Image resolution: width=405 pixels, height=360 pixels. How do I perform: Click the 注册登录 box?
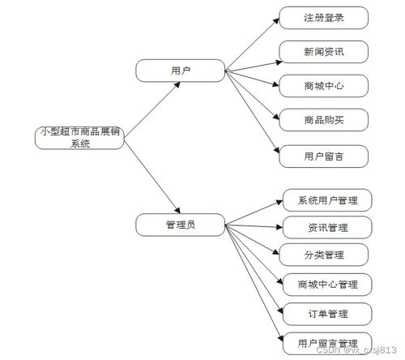(x=324, y=17)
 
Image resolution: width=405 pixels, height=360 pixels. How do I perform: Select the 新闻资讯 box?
(x=324, y=52)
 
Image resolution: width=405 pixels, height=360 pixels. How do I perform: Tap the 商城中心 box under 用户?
(x=324, y=85)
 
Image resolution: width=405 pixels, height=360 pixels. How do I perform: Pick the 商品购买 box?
(x=324, y=120)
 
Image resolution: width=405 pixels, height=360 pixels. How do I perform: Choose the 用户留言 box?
(x=324, y=155)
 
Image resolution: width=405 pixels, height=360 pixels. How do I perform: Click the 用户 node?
(x=179, y=71)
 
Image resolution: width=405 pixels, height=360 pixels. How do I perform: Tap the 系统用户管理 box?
(x=327, y=199)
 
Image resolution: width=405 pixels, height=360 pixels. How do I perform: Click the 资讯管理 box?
(x=327, y=227)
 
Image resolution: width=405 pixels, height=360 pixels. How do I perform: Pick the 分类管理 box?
(x=327, y=255)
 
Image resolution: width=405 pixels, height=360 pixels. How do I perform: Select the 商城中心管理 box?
(x=327, y=285)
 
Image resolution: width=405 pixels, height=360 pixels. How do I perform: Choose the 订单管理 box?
(x=327, y=313)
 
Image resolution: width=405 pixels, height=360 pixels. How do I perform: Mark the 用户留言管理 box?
(x=327, y=341)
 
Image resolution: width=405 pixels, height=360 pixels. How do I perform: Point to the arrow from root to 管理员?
(x=151, y=178)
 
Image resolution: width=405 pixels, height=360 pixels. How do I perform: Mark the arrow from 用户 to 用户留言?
(x=250, y=113)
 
